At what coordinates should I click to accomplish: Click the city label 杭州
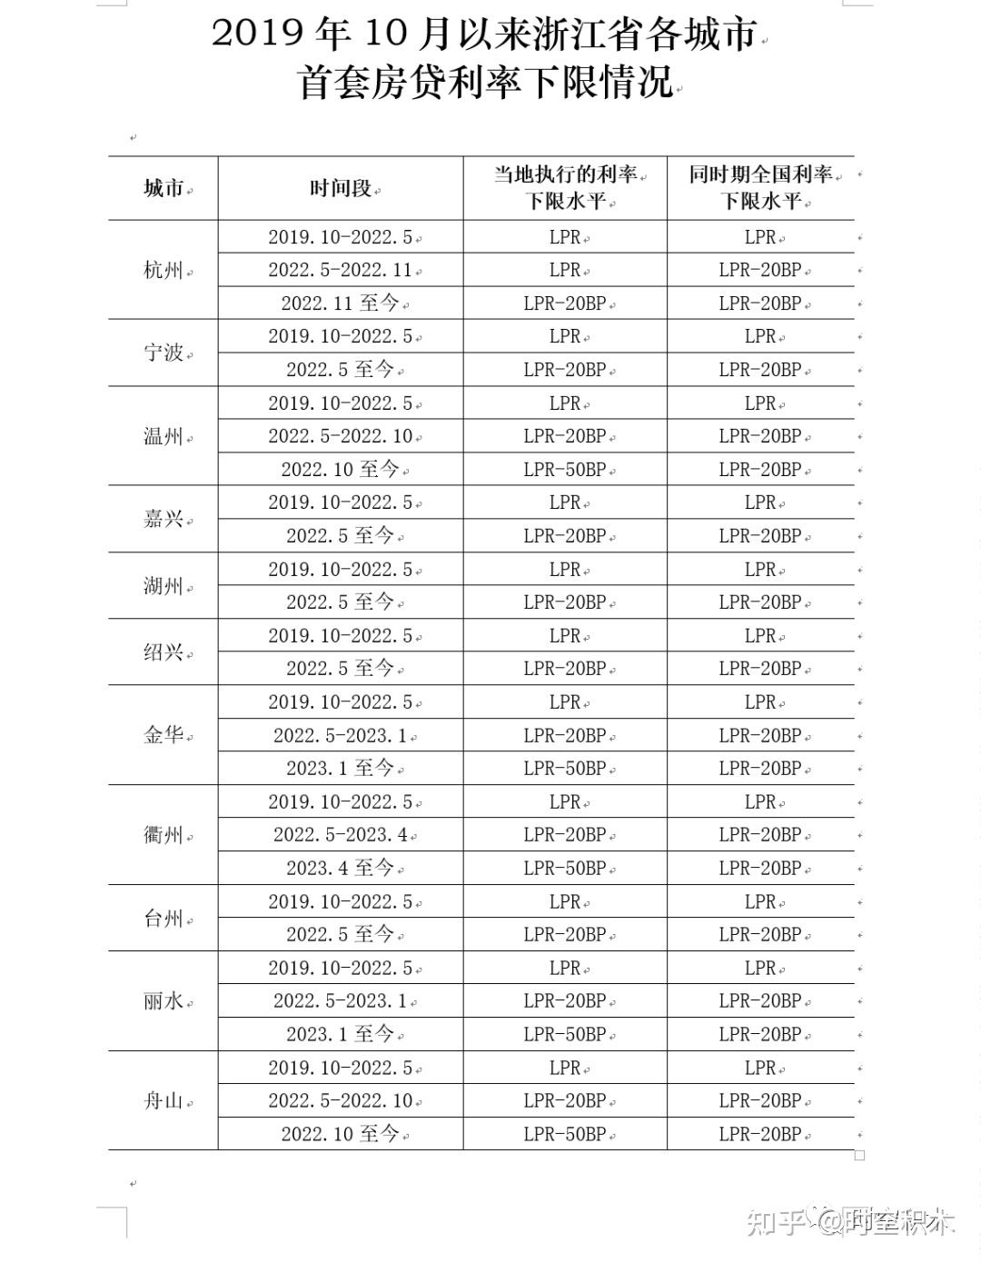(x=163, y=270)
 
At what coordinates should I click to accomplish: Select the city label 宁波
(x=163, y=353)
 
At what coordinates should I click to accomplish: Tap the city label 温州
(x=163, y=436)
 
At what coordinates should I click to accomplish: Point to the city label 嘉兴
(x=163, y=519)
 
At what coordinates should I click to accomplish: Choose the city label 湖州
(x=163, y=586)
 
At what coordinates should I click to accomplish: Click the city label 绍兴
(x=163, y=651)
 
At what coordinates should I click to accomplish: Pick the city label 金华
(x=163, y=735)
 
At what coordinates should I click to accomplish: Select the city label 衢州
(x=163, y=835)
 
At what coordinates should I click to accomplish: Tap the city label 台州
(x=163, y=919)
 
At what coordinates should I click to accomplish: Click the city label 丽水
(x=163, y=1001)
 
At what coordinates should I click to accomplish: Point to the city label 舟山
(x=163, y=1101)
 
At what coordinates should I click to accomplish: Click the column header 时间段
(x=341, y=188)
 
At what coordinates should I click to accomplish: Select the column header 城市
(x=163, y=188)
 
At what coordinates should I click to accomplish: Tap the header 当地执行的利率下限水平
(x=565, y=187)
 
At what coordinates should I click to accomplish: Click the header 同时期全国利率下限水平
(x=761, y=187)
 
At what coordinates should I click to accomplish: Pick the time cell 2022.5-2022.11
(x=341, y=270)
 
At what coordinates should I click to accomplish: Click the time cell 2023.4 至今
(x=341, y=868)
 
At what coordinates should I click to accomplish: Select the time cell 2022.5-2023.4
(x=341, y=834)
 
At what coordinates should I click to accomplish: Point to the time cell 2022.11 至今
(x=341, y=303)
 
